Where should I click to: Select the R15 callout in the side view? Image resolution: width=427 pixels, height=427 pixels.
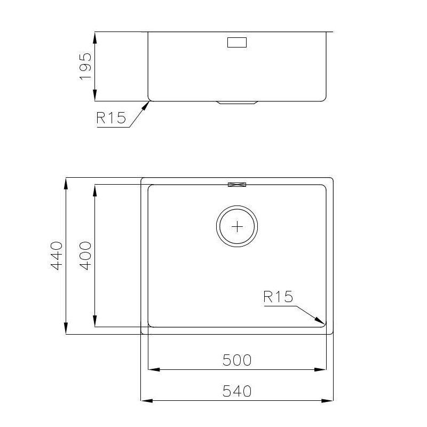tap(111, 118)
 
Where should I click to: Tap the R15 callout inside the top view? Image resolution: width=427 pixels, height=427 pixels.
tap(278, 297)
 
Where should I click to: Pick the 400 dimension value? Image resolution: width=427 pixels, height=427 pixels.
tap(86, 256)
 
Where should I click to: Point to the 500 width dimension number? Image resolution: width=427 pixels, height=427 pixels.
tap(236, 360)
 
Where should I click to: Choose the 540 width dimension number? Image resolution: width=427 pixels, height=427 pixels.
tap(236, 391)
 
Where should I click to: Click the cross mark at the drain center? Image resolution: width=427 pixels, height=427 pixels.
tap(237, 226)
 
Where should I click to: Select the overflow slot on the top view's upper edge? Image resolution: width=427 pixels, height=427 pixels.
tap(237, 185)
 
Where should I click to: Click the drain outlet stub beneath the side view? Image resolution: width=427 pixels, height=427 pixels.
tap(236, 102)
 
